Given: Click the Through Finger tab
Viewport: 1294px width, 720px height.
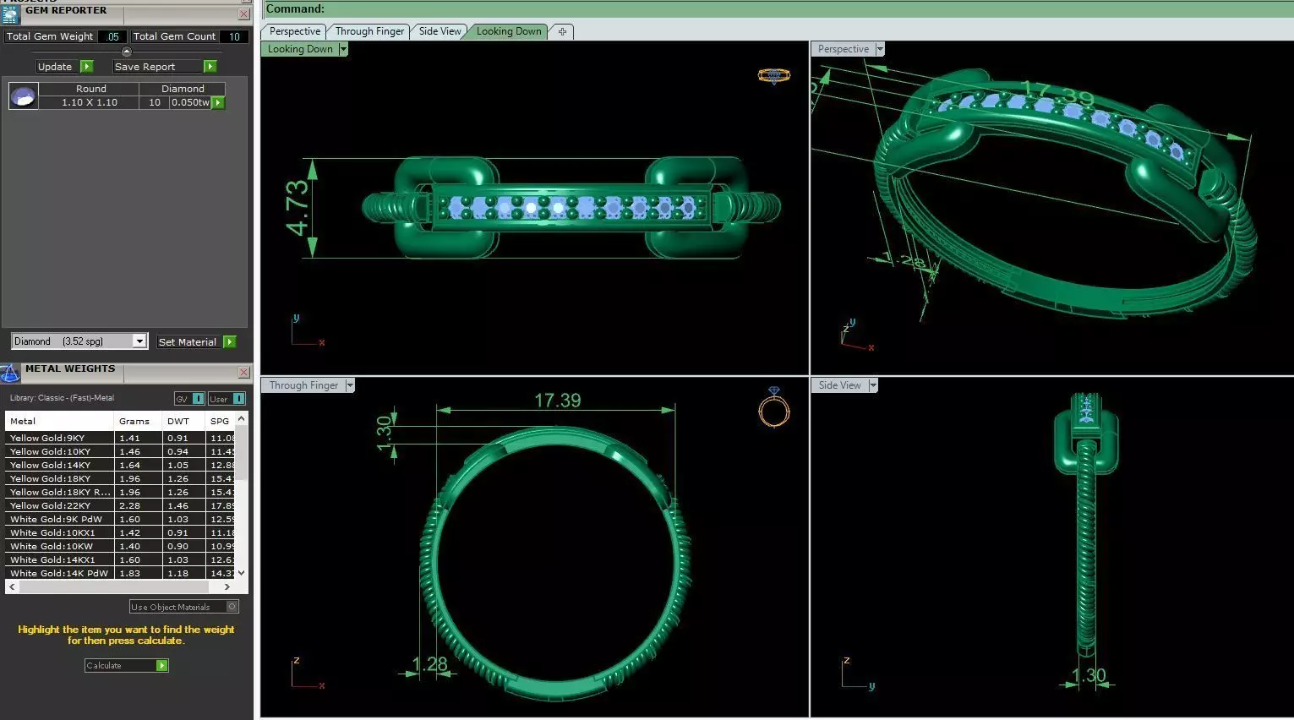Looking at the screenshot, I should point(369,31).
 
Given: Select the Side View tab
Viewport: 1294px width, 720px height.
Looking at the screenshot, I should point(440,31).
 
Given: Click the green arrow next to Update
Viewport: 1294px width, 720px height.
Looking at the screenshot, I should point(86,67).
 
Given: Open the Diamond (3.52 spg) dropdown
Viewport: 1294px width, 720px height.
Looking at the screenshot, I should point(139,341).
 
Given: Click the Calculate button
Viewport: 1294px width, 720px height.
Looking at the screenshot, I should point(126,666).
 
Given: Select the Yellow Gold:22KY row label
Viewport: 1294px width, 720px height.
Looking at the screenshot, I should point(51,505).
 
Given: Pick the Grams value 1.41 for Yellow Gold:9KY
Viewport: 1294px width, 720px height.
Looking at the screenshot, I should point(130,438).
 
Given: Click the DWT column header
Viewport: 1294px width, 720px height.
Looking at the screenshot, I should point(178,421).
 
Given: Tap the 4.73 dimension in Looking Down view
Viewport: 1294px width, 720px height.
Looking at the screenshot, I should point(298,208).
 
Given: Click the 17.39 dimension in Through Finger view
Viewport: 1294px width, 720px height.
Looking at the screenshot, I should point(557,401).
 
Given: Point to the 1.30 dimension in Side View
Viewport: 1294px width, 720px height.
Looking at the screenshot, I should point(1089,675).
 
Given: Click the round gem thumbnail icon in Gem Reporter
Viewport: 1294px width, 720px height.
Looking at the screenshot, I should point(23,96).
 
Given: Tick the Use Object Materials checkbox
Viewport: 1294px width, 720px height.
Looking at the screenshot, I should point(232,607).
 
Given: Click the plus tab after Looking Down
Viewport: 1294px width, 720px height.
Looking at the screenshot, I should point(562,31).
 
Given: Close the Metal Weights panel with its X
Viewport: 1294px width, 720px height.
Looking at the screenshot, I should point(243,372).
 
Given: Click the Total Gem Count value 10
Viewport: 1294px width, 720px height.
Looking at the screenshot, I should point(234,36).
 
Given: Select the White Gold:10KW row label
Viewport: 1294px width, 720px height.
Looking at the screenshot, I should point(52,546).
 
